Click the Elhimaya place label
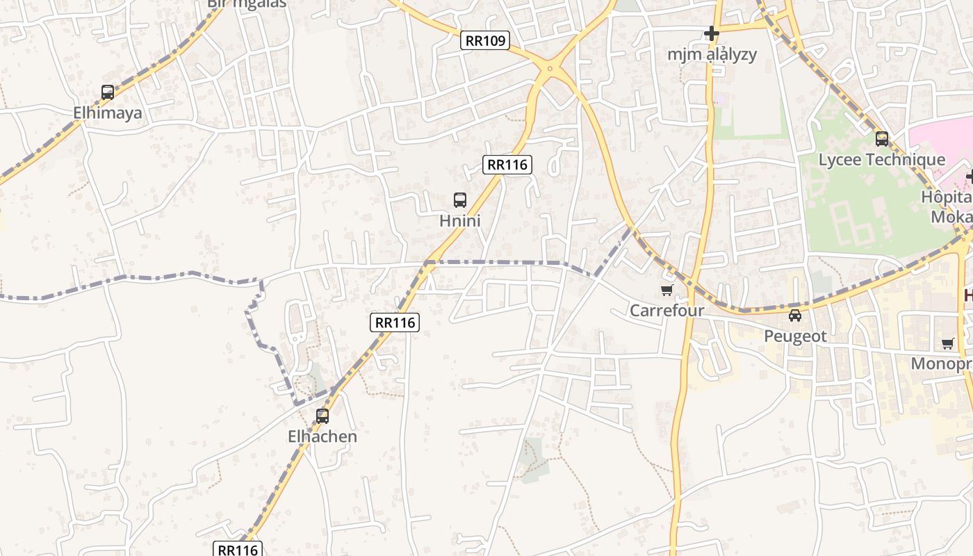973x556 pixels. (108, 113)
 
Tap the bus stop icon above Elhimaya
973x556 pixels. (108, 92)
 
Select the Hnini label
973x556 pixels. (460, 221)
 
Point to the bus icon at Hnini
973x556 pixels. (460, 200)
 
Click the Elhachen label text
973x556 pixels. (322, 436)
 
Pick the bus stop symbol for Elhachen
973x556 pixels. (322, 416)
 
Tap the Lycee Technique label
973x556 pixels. (881, 159)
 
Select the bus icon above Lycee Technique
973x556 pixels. (882, 139)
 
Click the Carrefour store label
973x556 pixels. (667, 310)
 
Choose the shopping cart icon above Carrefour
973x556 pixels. (667, 290)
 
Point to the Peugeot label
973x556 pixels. (795, 336)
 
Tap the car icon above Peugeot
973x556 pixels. (795, 316)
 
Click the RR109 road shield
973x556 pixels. (485, 40)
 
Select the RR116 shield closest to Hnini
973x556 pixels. (507, 165)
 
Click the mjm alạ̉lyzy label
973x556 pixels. (712, 54)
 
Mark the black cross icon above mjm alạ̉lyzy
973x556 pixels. (712, 33)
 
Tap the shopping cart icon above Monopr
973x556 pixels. (948, 343)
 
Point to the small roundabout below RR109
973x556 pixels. (550, 68)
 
